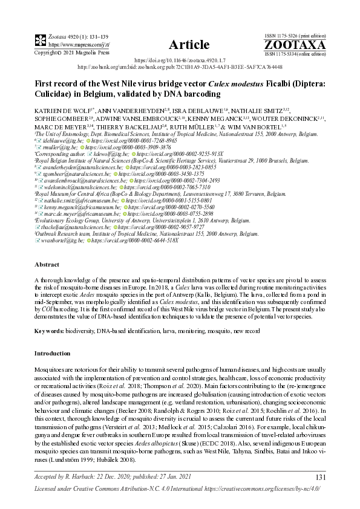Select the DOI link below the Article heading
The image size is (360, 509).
click(x=180, y=61)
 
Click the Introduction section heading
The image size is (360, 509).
click(x=53, y=353)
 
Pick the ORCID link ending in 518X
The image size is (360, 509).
click(x=136, y=241)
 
